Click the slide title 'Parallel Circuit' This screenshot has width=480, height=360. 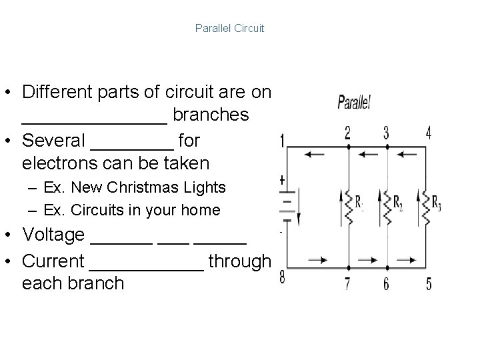coord(229,29)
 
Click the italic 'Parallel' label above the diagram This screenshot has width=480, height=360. coord(353,103)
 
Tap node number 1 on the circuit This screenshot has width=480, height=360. coord(283,141)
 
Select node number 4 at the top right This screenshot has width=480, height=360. coord(428,132)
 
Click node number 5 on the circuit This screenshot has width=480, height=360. coord(428,284)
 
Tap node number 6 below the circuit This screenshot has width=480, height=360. coord(386,284)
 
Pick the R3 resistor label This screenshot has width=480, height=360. coord(436,204)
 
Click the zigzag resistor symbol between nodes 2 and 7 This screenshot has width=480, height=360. coord(348,203)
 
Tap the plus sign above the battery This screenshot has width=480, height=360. coord(283,180)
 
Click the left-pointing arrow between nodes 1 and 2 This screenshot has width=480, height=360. coord(316,155)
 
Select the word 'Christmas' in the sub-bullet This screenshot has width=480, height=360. coord(127,187)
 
